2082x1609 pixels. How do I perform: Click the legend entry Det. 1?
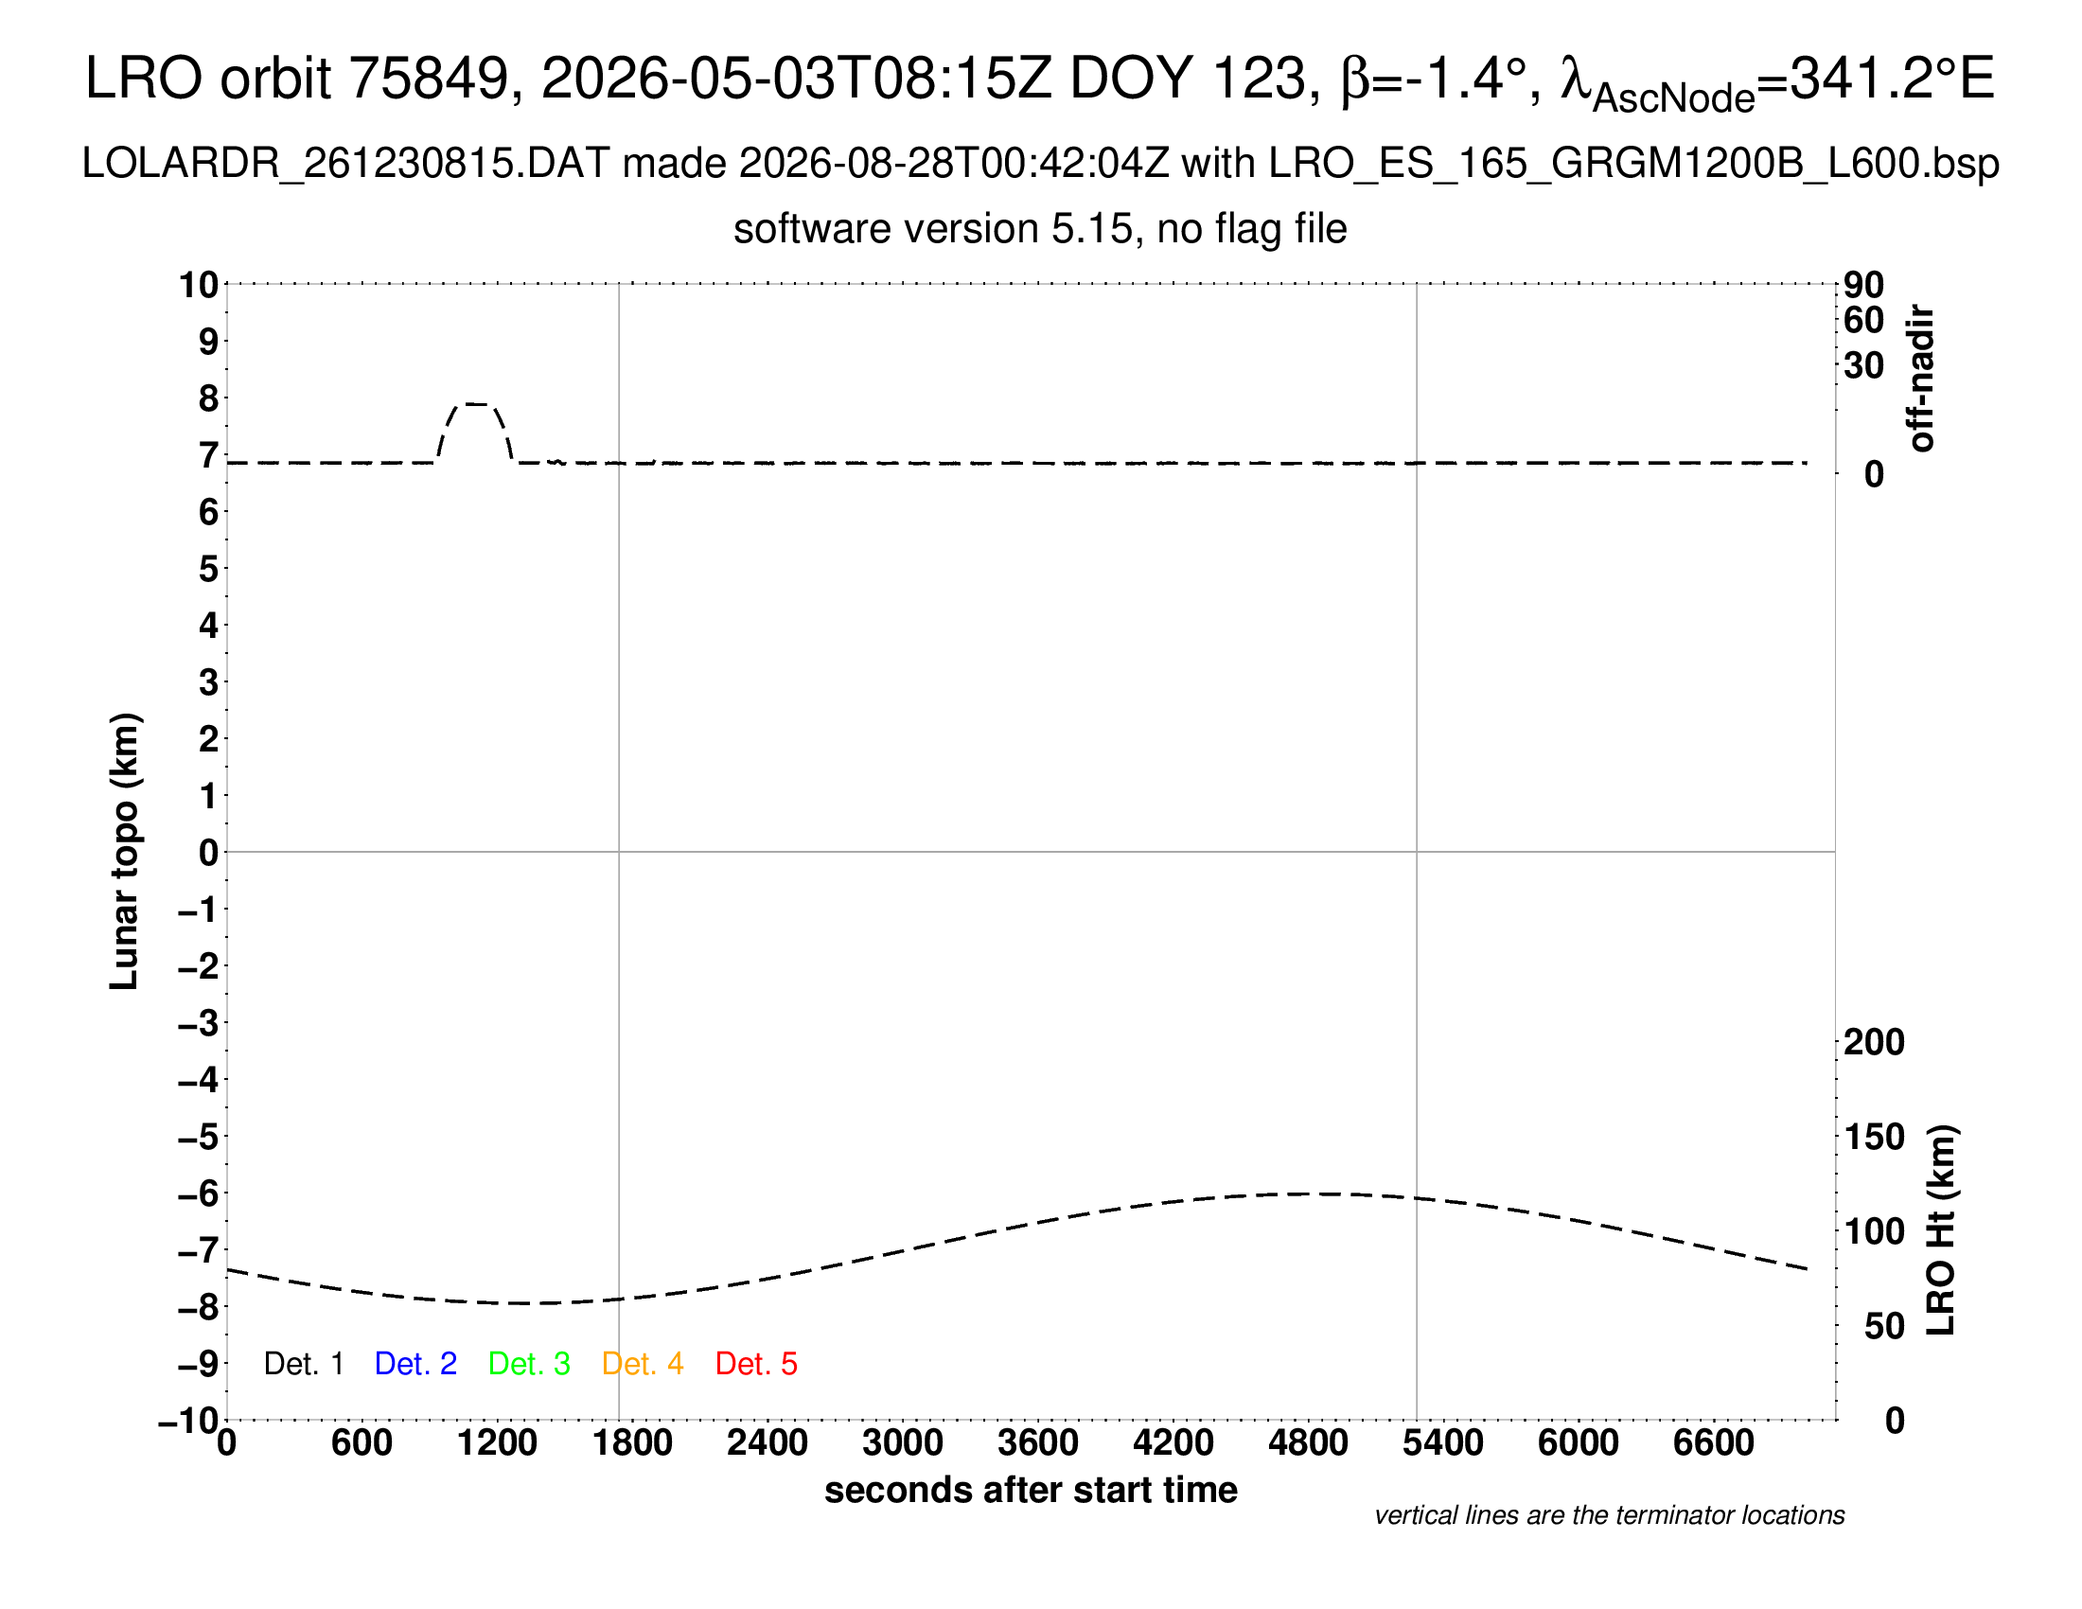[x=303, y=1364]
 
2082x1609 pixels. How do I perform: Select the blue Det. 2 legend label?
[x=415, y=1364]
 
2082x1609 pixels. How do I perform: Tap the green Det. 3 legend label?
[x=529, y=1364]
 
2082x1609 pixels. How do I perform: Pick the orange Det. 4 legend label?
[x=643, y=1364]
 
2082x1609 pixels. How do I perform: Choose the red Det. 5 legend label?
[x=756, y=1364]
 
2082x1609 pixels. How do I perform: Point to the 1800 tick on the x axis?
[x=632, y=1443]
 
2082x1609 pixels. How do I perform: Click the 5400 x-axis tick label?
[x=1443, y=1443]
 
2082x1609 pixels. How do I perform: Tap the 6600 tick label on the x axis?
[x=1713, y=1443]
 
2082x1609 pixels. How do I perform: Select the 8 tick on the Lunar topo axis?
[x=209, y=398]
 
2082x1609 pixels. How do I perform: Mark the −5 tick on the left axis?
[x=199, y=1137]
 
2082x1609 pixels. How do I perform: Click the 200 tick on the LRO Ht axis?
[x=1874, y=1042]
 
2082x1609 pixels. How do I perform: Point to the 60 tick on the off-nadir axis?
[x=1863, y=320]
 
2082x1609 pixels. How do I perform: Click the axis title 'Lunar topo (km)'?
[x=124, y=851]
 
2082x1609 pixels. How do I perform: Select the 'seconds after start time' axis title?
[x=1031, y=1490]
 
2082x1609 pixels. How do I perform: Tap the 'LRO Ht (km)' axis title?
[x=1941, y=1230]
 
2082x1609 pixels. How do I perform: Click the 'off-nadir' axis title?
[x=1921, y=379]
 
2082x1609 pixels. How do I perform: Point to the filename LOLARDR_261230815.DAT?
[x=345, y=164]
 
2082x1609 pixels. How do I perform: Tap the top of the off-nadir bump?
[x=476, y=404]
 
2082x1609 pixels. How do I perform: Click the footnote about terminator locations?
[x=1609, y=1515]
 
